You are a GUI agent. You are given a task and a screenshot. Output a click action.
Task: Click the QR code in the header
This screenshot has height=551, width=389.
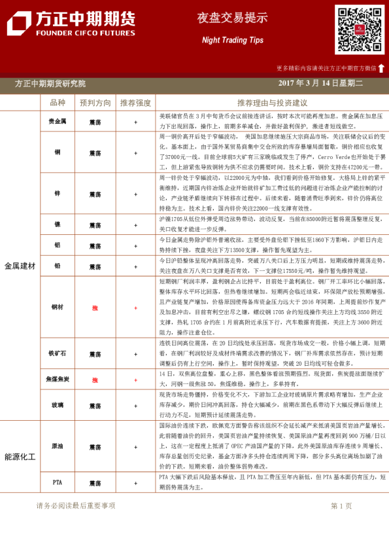click(x=360, y=29)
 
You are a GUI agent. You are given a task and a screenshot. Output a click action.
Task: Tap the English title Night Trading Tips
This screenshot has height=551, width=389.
click(x=232, y=40)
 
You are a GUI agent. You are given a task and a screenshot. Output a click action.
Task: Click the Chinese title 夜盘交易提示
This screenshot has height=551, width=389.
click(x=232, y=18)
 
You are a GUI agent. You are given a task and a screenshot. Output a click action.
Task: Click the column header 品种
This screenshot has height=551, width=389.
click(x=58, y=103)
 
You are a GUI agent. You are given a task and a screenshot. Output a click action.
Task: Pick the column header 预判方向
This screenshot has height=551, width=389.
click(x=95, y=103)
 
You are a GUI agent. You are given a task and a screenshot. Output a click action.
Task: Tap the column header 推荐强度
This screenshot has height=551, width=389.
click(x=135, y=103)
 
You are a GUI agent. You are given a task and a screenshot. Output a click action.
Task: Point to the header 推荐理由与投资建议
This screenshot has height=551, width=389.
click(x=272, y=103)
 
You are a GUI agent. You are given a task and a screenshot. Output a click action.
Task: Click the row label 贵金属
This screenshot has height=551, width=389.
click(x=58, y=122)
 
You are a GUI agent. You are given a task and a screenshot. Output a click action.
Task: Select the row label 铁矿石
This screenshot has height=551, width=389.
click(x=58, y=354)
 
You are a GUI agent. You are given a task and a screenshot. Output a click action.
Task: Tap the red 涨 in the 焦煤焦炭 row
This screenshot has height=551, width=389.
click(x=95, y=380)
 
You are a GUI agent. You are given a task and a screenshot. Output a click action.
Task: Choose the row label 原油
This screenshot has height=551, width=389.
click(x=58, y=447)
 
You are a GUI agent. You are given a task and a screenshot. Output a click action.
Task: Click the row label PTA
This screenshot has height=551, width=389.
click(x=58, y=482)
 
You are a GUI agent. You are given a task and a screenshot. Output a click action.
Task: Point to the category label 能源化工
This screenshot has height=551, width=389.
click(x=20, y=457)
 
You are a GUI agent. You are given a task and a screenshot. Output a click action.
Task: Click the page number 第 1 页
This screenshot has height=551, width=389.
click(x=341, y=506)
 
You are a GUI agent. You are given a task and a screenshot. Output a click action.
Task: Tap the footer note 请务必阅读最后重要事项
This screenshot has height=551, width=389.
click(x=76, y=506)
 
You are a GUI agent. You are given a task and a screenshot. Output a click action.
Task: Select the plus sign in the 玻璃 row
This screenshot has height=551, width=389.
click(x=135, y=406)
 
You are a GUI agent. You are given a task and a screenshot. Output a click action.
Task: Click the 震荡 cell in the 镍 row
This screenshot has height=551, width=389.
click(x=95, y=224)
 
